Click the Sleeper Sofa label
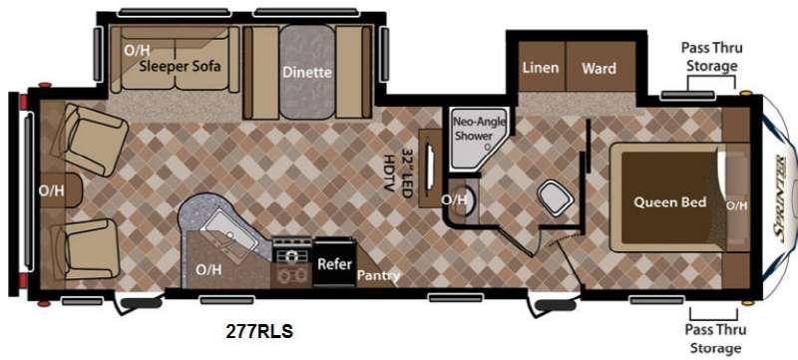click(181, 66)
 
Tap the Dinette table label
click(307, 72)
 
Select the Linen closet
click(541, 67)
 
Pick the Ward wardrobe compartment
click(600, 67)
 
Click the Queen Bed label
click(669, 201)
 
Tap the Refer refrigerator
click(334, 262)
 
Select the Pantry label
click(378, 275)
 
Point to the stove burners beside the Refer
click(291, 263)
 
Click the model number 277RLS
click(259, 331)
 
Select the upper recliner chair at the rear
click(92, 139)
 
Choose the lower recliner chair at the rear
click(86, 249)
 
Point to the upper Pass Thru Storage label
click(712, 57)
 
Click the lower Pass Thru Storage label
click(715, 339)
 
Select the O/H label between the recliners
click(52, 190)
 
